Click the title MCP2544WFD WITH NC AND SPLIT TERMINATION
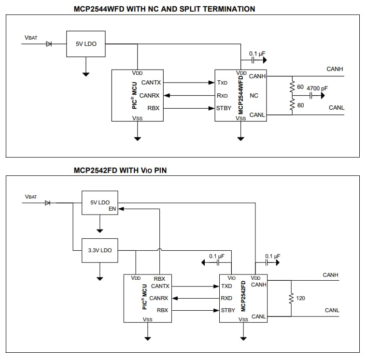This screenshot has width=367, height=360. click(164, 9)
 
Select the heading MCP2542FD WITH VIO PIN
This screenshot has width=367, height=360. click(121, 170)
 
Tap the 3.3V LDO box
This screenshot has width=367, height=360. click(100, 250)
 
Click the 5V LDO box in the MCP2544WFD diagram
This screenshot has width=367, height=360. click(86, 43)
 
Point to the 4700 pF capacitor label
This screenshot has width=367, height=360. click(317, 88)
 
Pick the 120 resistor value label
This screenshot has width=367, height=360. click(300, 298)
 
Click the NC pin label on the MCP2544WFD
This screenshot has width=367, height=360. click(254, 96)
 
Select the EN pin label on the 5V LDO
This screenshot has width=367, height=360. click(113, 209)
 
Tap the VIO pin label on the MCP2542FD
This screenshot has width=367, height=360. click(231, 278)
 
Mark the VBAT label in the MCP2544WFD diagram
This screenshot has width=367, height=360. click(31, 38)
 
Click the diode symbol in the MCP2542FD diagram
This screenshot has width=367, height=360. click(48, 202)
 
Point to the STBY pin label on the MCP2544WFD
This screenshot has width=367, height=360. click(224, 108)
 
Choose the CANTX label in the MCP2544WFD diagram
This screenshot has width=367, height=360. click(151, 83)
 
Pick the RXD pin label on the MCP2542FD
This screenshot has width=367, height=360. click(226, 298)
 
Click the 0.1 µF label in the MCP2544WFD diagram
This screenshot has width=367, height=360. click(257, 53)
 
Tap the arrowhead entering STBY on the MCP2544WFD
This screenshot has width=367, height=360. click(212, 108)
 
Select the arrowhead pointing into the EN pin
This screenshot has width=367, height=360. click(121, 209)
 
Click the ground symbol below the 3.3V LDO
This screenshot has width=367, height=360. click(100, 278)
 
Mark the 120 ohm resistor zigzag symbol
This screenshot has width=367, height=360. click(291, 299)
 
